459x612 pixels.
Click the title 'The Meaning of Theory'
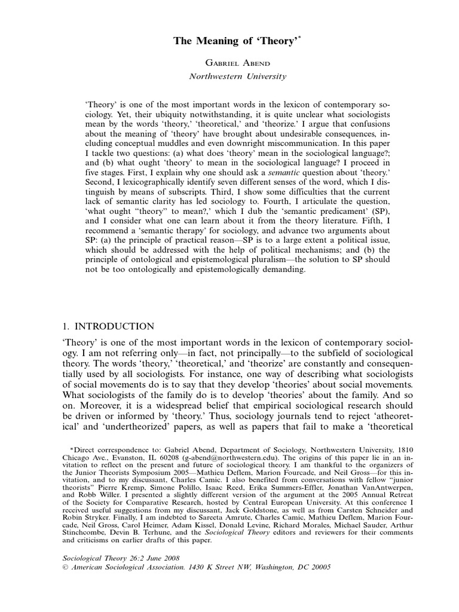coord(229,41)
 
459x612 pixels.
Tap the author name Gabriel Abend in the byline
coord(229,63)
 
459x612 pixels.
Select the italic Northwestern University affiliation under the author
coord(229,76)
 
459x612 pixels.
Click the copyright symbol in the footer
coord(66,567)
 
